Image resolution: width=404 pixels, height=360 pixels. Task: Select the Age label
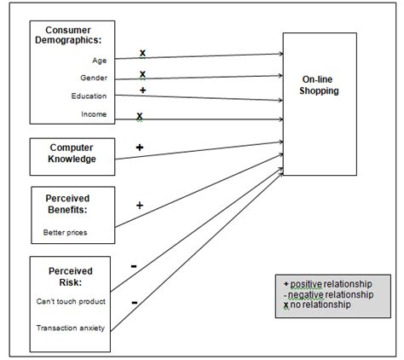99,60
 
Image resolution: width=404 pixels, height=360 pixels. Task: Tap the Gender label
94,78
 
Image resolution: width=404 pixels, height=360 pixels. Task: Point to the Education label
89,96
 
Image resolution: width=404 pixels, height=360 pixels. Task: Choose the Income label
94,113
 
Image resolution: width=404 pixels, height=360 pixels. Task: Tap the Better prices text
64,231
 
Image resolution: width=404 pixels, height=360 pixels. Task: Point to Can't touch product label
71,301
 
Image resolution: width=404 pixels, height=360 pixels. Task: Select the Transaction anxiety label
71,327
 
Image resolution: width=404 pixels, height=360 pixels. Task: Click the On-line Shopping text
320,86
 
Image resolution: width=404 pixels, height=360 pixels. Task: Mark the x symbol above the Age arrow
142,53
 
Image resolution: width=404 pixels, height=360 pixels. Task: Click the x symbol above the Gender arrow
142,74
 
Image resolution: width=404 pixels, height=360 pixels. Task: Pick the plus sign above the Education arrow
142,90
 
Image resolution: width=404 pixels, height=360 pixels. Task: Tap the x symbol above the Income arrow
139,116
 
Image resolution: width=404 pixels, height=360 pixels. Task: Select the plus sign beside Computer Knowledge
139,147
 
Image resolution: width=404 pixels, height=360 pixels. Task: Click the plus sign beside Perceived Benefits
139,205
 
